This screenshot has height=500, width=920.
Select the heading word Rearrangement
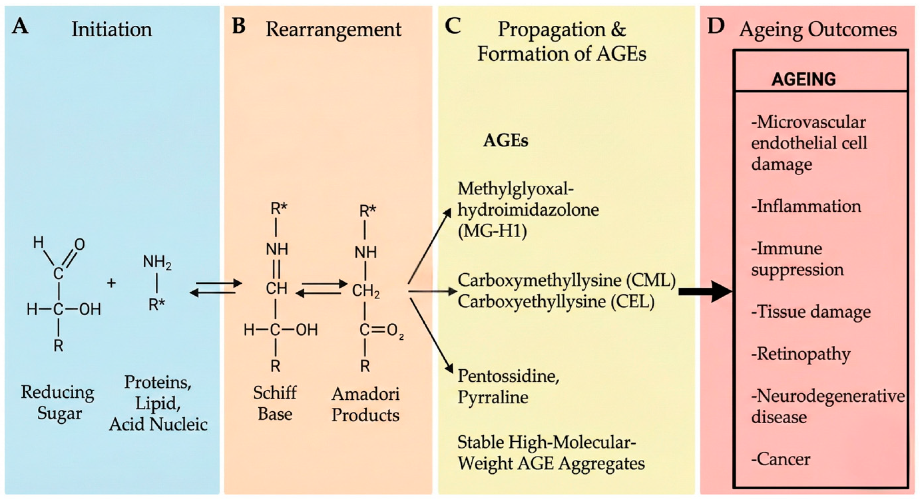pos(333,29)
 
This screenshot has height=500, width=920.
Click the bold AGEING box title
pos(804,79)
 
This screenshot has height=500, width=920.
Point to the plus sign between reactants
pos(111,283)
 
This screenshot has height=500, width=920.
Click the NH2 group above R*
pos(157,262)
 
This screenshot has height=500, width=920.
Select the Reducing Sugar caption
pos(58,403)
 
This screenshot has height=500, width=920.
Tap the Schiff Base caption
pos(275,403)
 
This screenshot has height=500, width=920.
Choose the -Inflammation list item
pos(806,206)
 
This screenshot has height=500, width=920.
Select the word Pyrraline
pos(493,397)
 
